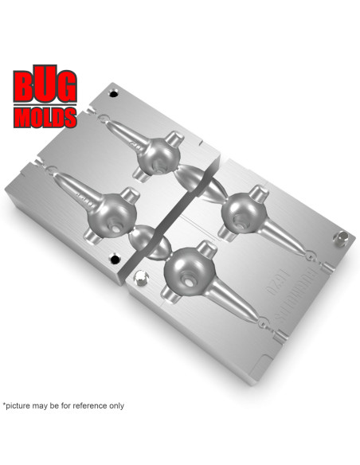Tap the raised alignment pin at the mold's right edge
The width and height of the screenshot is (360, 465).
[343, 237]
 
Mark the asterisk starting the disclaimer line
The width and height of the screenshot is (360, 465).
[4, 404]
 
